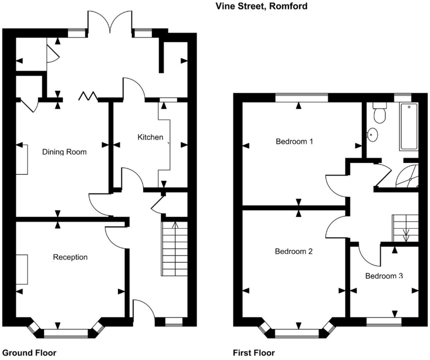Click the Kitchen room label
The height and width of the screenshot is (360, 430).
(x=150, y=137)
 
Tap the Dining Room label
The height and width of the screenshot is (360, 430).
(x=64, y=152)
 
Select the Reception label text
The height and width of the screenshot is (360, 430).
(x=70, y=257)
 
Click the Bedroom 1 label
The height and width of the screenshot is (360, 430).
(x=294, y=141)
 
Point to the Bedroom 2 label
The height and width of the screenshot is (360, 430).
(x=294, y=251)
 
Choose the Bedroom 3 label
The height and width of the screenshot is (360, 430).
(x=383, y=276)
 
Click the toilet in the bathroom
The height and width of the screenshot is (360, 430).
(x=379, y=113)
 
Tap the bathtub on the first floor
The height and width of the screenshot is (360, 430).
(x=409, y=127)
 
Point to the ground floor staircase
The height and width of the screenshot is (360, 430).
(x=174, y=249)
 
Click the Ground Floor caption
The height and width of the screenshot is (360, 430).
(x=29, y=353)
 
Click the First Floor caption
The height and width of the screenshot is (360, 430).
(x=254, y=353)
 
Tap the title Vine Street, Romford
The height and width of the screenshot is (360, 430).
(x=261, y=6)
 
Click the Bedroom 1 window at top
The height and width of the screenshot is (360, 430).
(x=301, y=97)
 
